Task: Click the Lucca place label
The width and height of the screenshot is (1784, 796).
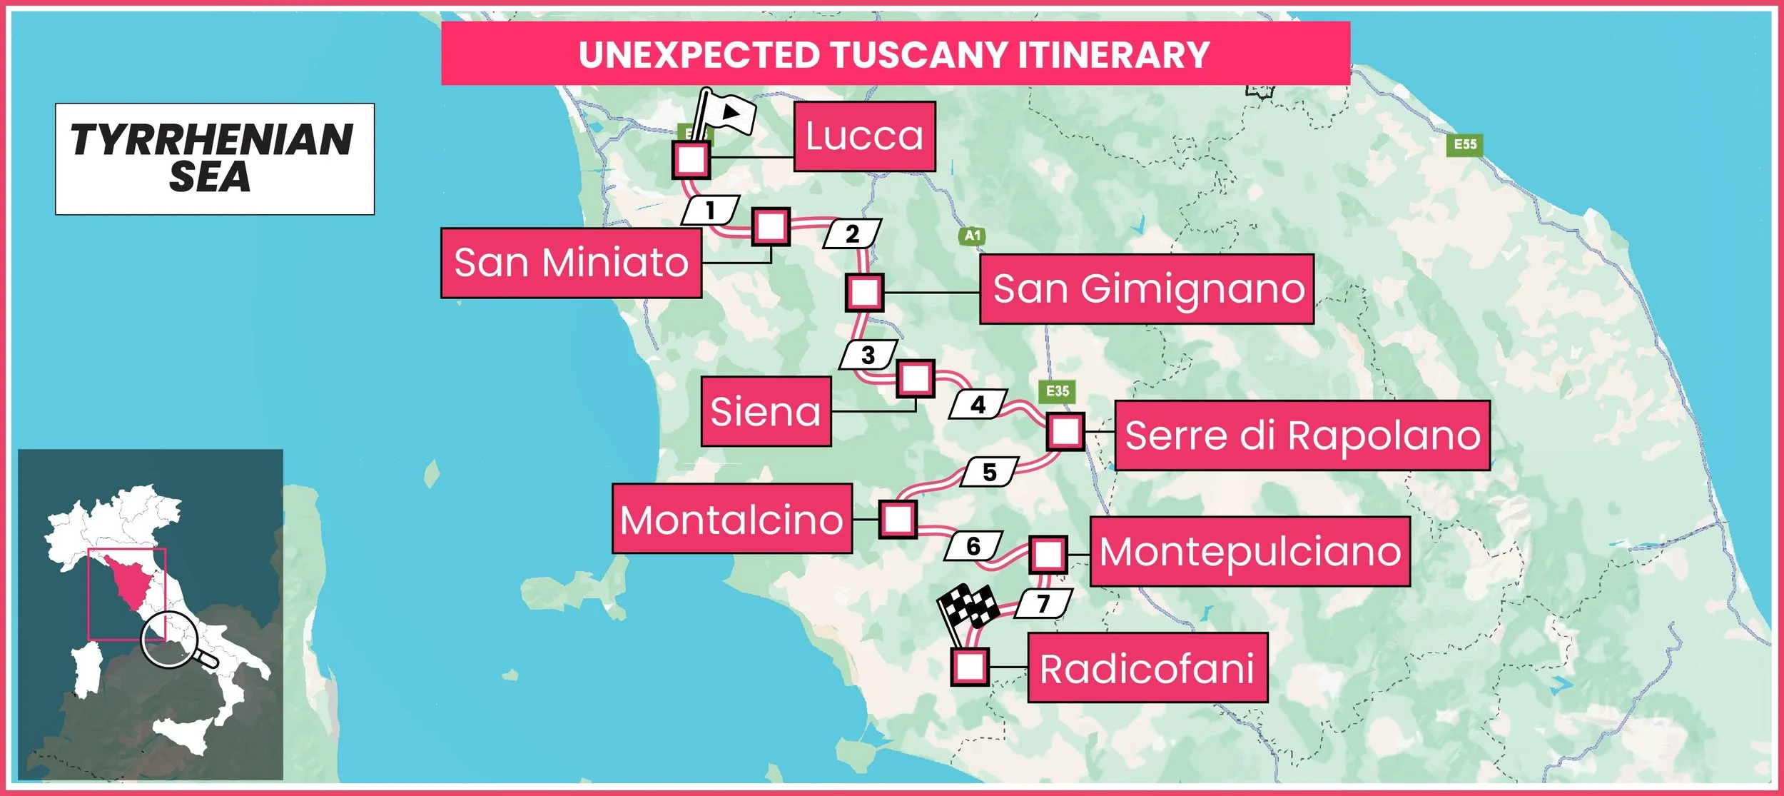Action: click(864, 136)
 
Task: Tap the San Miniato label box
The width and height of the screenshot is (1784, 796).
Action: click(571, 263)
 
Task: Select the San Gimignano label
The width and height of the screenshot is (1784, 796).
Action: click(1146, 289)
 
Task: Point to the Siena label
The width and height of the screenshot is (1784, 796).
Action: click(766, 412)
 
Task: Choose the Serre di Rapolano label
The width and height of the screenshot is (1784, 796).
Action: click(1302, 435)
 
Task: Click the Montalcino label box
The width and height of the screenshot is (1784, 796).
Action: click(731, 519)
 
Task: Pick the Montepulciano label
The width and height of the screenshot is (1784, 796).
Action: click(1250, 552)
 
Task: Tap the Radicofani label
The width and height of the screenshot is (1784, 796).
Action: click(1147, 668)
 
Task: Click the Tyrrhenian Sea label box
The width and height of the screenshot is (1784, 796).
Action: click(214, 158)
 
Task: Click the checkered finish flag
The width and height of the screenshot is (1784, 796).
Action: click(968, 608)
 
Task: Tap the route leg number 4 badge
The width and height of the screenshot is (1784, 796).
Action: click(978, 405)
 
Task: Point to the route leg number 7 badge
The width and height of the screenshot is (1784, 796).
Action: click(1043, 604)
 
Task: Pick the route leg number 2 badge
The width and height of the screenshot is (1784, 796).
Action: click(852, 234)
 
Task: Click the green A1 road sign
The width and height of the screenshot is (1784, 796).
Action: click(973, 236)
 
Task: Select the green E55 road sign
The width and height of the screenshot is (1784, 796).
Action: click(1465, 145)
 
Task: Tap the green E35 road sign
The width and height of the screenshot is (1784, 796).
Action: click(1057, 391)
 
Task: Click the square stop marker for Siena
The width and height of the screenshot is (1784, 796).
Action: click(915, 378)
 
